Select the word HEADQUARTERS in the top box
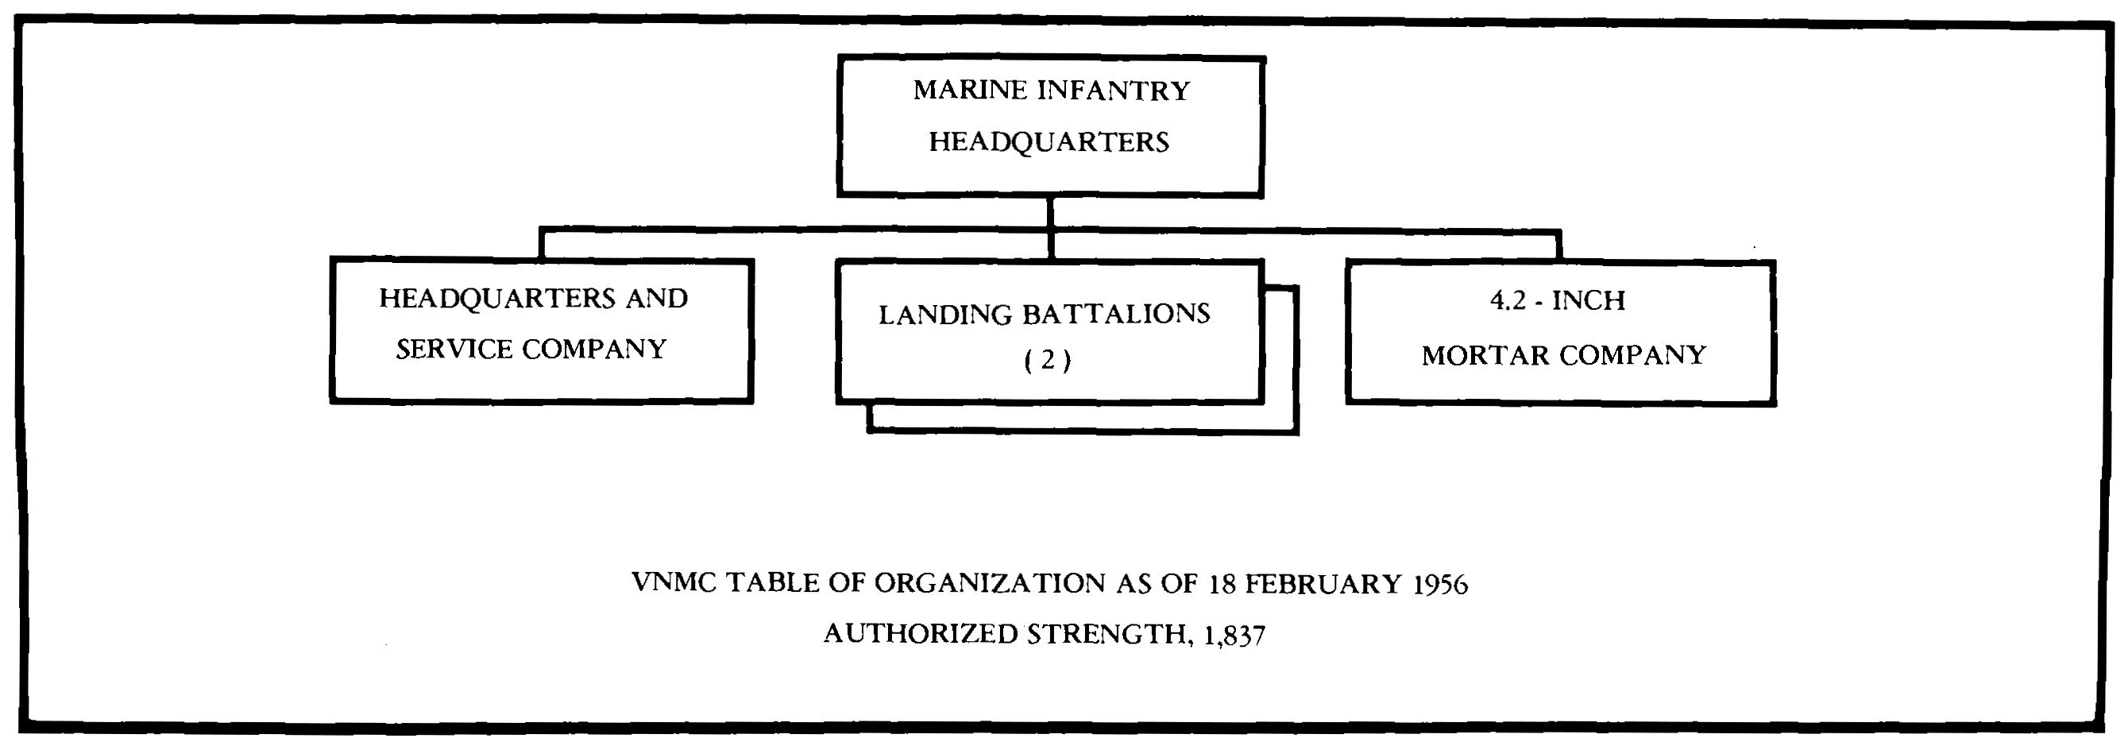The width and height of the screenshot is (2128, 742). click(x=1049, y=142)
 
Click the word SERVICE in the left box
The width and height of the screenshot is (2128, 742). click(x=454, y=350)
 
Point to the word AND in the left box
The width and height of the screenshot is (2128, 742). click(x=656, y=298)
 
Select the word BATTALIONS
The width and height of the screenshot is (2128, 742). click(x=1116, y=314)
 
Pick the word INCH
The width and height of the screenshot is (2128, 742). click(x=1589, y=301)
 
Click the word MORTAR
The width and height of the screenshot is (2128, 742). click(x=1485, y=355)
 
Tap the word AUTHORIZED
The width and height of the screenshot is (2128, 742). click(x=921, y=634)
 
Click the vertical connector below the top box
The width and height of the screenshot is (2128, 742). click(x=1050, y=213)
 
